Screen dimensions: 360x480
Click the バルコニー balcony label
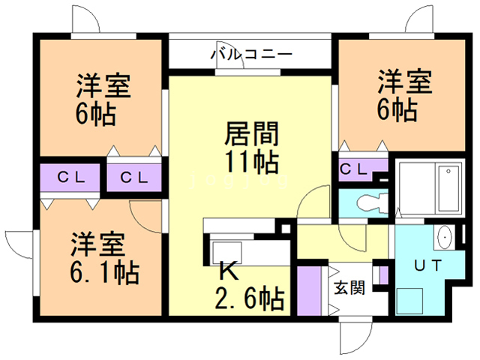[250, 54]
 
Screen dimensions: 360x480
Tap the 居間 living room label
[251, 134]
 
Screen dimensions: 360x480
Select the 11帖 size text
[251, 161]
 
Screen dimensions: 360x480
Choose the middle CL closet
[133, 178]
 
